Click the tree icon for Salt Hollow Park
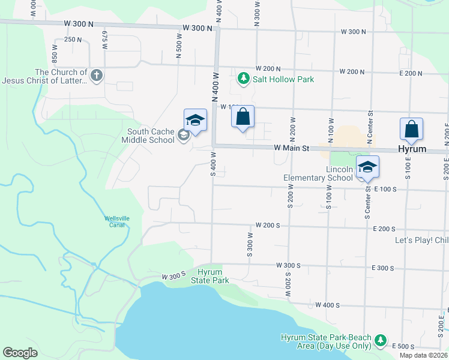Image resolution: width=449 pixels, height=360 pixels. tap(243, 78)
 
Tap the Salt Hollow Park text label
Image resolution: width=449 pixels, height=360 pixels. tap(283, 79)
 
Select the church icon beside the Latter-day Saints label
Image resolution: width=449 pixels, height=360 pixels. tap(97, 75)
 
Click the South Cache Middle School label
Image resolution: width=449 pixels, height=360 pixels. tap(151, 136)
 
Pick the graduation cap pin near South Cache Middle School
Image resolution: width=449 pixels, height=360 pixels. tap(196, 121)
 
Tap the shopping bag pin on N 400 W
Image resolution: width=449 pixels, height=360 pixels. tap(243, 117)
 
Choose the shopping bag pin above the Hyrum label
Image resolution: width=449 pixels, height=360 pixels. tap(411, 130)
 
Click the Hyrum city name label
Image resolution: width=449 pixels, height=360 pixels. tap(413, 149)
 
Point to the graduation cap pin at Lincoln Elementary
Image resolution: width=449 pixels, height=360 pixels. tap(367, 167)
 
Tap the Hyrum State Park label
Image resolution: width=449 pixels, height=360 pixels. tap(210, 276)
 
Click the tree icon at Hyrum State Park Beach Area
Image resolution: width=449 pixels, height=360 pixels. tap(380, 341)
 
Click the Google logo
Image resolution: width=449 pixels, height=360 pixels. tap(20, 353)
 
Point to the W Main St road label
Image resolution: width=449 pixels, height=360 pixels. tap(292, 148)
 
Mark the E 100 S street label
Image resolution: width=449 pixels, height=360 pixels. tap(385, 189)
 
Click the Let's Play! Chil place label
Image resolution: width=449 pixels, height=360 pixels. tap(421, 241)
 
